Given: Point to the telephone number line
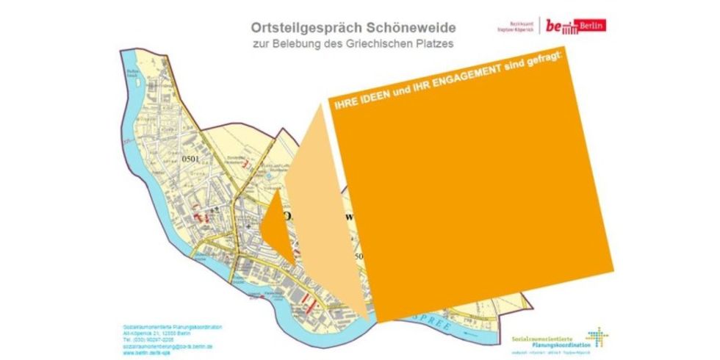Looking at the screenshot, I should [x=148, y=339].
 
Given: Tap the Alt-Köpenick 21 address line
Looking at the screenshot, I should [x=155, y=333].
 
